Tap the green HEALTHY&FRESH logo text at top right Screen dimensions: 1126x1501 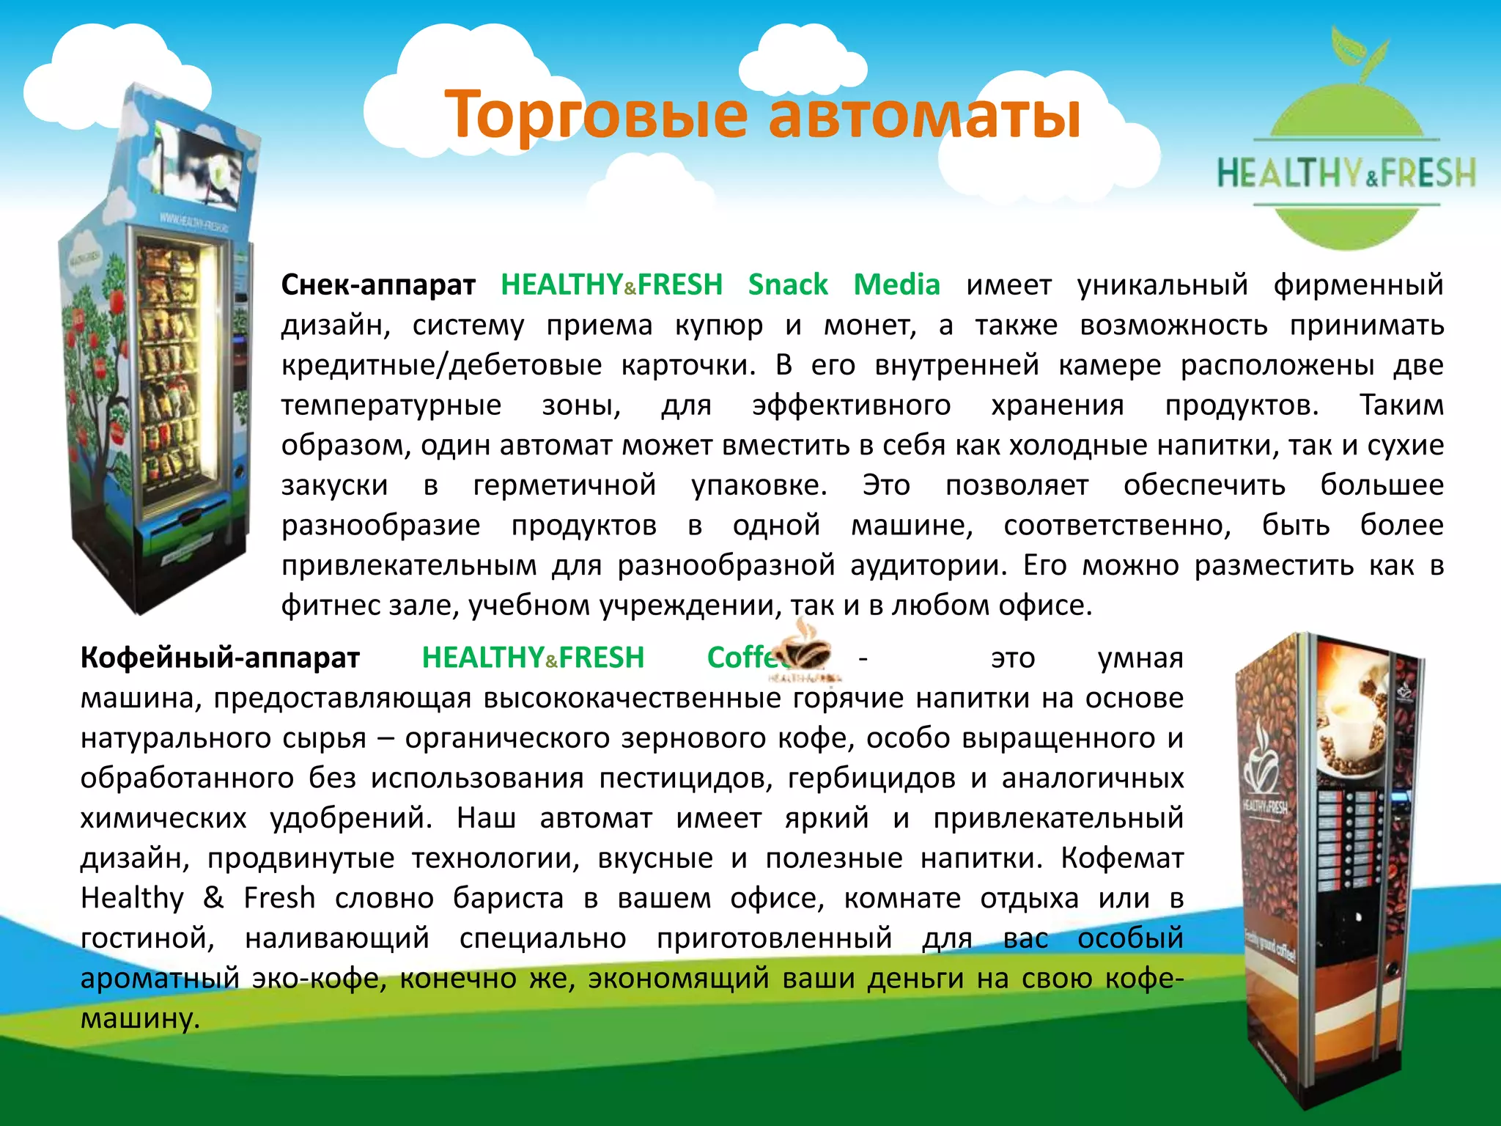pyautogui.click(x=1346, y=173)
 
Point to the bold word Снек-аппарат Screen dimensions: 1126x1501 pyautogui.click(x=378, y=284)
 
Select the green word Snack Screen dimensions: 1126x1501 pyautogui.click(x=788, y=284)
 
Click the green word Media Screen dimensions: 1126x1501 pyautogui.click(x=897, y=284)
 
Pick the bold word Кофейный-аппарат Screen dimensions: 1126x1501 pyautogui.click(x=220, y=658)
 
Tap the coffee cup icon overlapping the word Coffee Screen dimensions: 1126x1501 pyautogui.click(x=803, y=649)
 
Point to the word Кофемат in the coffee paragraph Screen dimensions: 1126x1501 pyautogui.click(x=1122, y=858)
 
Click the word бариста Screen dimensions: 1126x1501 pyautogui.click(x=508, y=898)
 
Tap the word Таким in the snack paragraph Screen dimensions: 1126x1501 pyautogui.click(x=1401, y=405)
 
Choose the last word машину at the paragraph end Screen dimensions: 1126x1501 pyautogui.click(x=140, y=1018)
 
